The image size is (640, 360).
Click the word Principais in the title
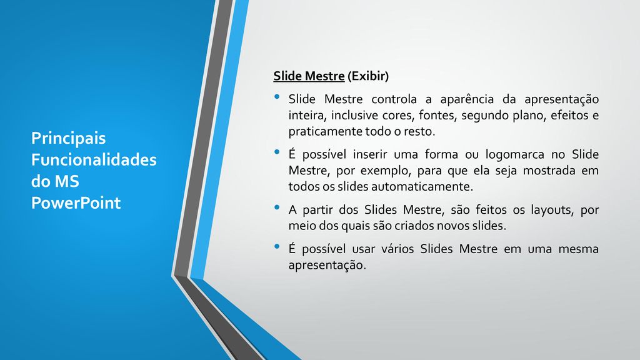point(69,139)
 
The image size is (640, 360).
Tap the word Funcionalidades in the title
point(94,159)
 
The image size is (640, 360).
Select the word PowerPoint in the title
point(76,203)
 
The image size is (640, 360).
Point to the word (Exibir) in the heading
point(368,76)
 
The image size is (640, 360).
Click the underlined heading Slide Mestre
point(309,76)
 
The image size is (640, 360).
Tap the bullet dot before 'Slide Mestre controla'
point(277,97)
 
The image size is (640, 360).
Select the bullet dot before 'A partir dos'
point(277,207)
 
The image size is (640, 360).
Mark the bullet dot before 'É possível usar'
point(277,246)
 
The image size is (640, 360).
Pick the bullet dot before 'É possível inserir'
point(277,152)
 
